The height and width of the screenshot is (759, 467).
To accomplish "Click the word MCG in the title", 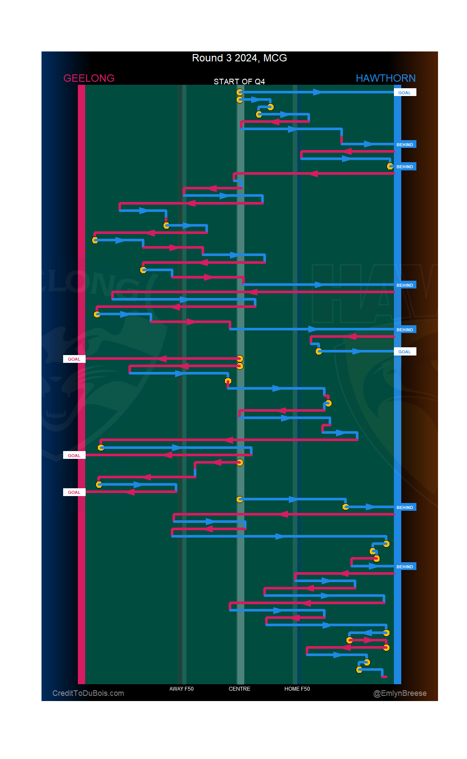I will coord(275,58).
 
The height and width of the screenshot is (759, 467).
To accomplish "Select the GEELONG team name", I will coord(89,78).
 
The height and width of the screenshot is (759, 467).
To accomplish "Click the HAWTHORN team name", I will coord(385,78).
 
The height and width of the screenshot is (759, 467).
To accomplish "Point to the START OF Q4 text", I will coord(239,82).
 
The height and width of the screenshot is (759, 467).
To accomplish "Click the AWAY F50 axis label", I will coord(181,689).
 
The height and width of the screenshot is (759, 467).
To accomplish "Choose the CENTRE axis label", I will coord(239,689).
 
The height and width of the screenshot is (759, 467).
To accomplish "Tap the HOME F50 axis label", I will coord(297,689).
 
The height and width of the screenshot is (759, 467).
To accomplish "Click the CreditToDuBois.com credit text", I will coord(88,693).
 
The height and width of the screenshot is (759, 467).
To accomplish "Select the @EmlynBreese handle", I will coord(400,693).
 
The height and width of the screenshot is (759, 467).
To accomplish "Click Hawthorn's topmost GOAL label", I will coord(405,93).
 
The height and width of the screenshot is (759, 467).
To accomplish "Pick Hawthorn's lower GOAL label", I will coord(405,352).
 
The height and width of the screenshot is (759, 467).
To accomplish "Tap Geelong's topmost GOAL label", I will coord(74,359).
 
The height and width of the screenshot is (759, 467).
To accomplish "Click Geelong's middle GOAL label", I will coord(74,455).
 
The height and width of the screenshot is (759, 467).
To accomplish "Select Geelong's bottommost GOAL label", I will coord(74,492).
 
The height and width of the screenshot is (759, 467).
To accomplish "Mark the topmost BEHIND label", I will coord(405,144).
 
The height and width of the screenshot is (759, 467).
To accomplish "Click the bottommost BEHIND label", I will coord(405,567).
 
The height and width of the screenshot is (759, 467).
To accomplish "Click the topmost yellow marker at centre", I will coord(240,92).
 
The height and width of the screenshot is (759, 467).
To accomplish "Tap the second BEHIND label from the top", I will coord(405,167).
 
